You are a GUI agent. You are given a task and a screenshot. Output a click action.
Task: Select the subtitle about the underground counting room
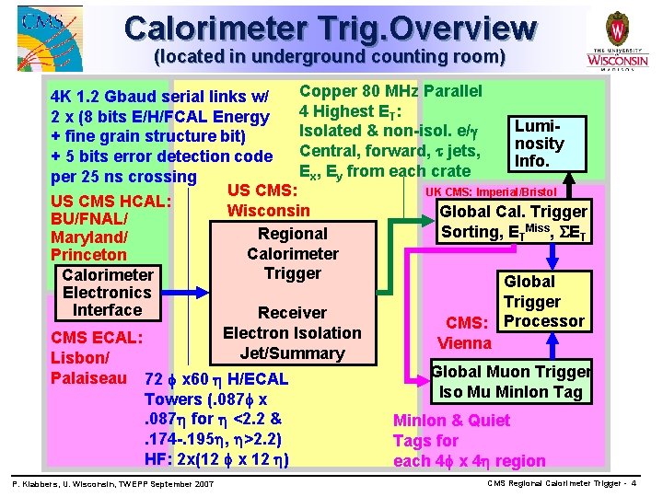330,57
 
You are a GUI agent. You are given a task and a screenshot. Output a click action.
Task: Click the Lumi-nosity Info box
539,143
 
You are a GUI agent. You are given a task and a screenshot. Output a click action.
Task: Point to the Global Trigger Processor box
543,301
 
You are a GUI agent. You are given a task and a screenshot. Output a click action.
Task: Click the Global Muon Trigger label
511,372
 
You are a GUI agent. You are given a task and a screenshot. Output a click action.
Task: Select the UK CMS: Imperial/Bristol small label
490,191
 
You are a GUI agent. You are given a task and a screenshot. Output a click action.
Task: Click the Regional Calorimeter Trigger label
293,253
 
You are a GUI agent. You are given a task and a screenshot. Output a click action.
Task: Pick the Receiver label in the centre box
293,313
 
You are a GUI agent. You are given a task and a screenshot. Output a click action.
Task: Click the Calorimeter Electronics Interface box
107,292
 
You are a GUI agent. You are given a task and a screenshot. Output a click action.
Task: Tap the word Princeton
89,255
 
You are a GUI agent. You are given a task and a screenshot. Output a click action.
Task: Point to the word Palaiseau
88,377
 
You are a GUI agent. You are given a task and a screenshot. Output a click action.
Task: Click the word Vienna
465,343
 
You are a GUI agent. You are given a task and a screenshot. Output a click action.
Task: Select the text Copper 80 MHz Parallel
390,91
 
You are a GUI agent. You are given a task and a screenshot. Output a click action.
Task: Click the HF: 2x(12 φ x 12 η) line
217,459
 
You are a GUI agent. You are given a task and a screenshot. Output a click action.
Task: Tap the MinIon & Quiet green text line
451,420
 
